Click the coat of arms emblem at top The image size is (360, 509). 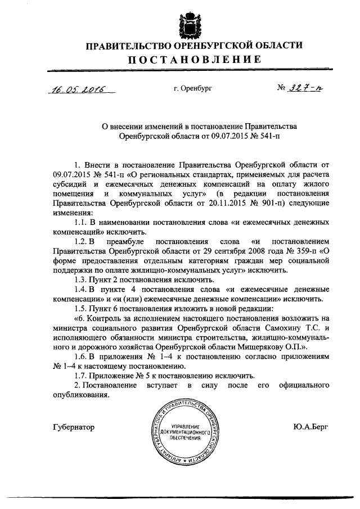tap(190, 24)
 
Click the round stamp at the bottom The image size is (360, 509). tap(184, 430)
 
